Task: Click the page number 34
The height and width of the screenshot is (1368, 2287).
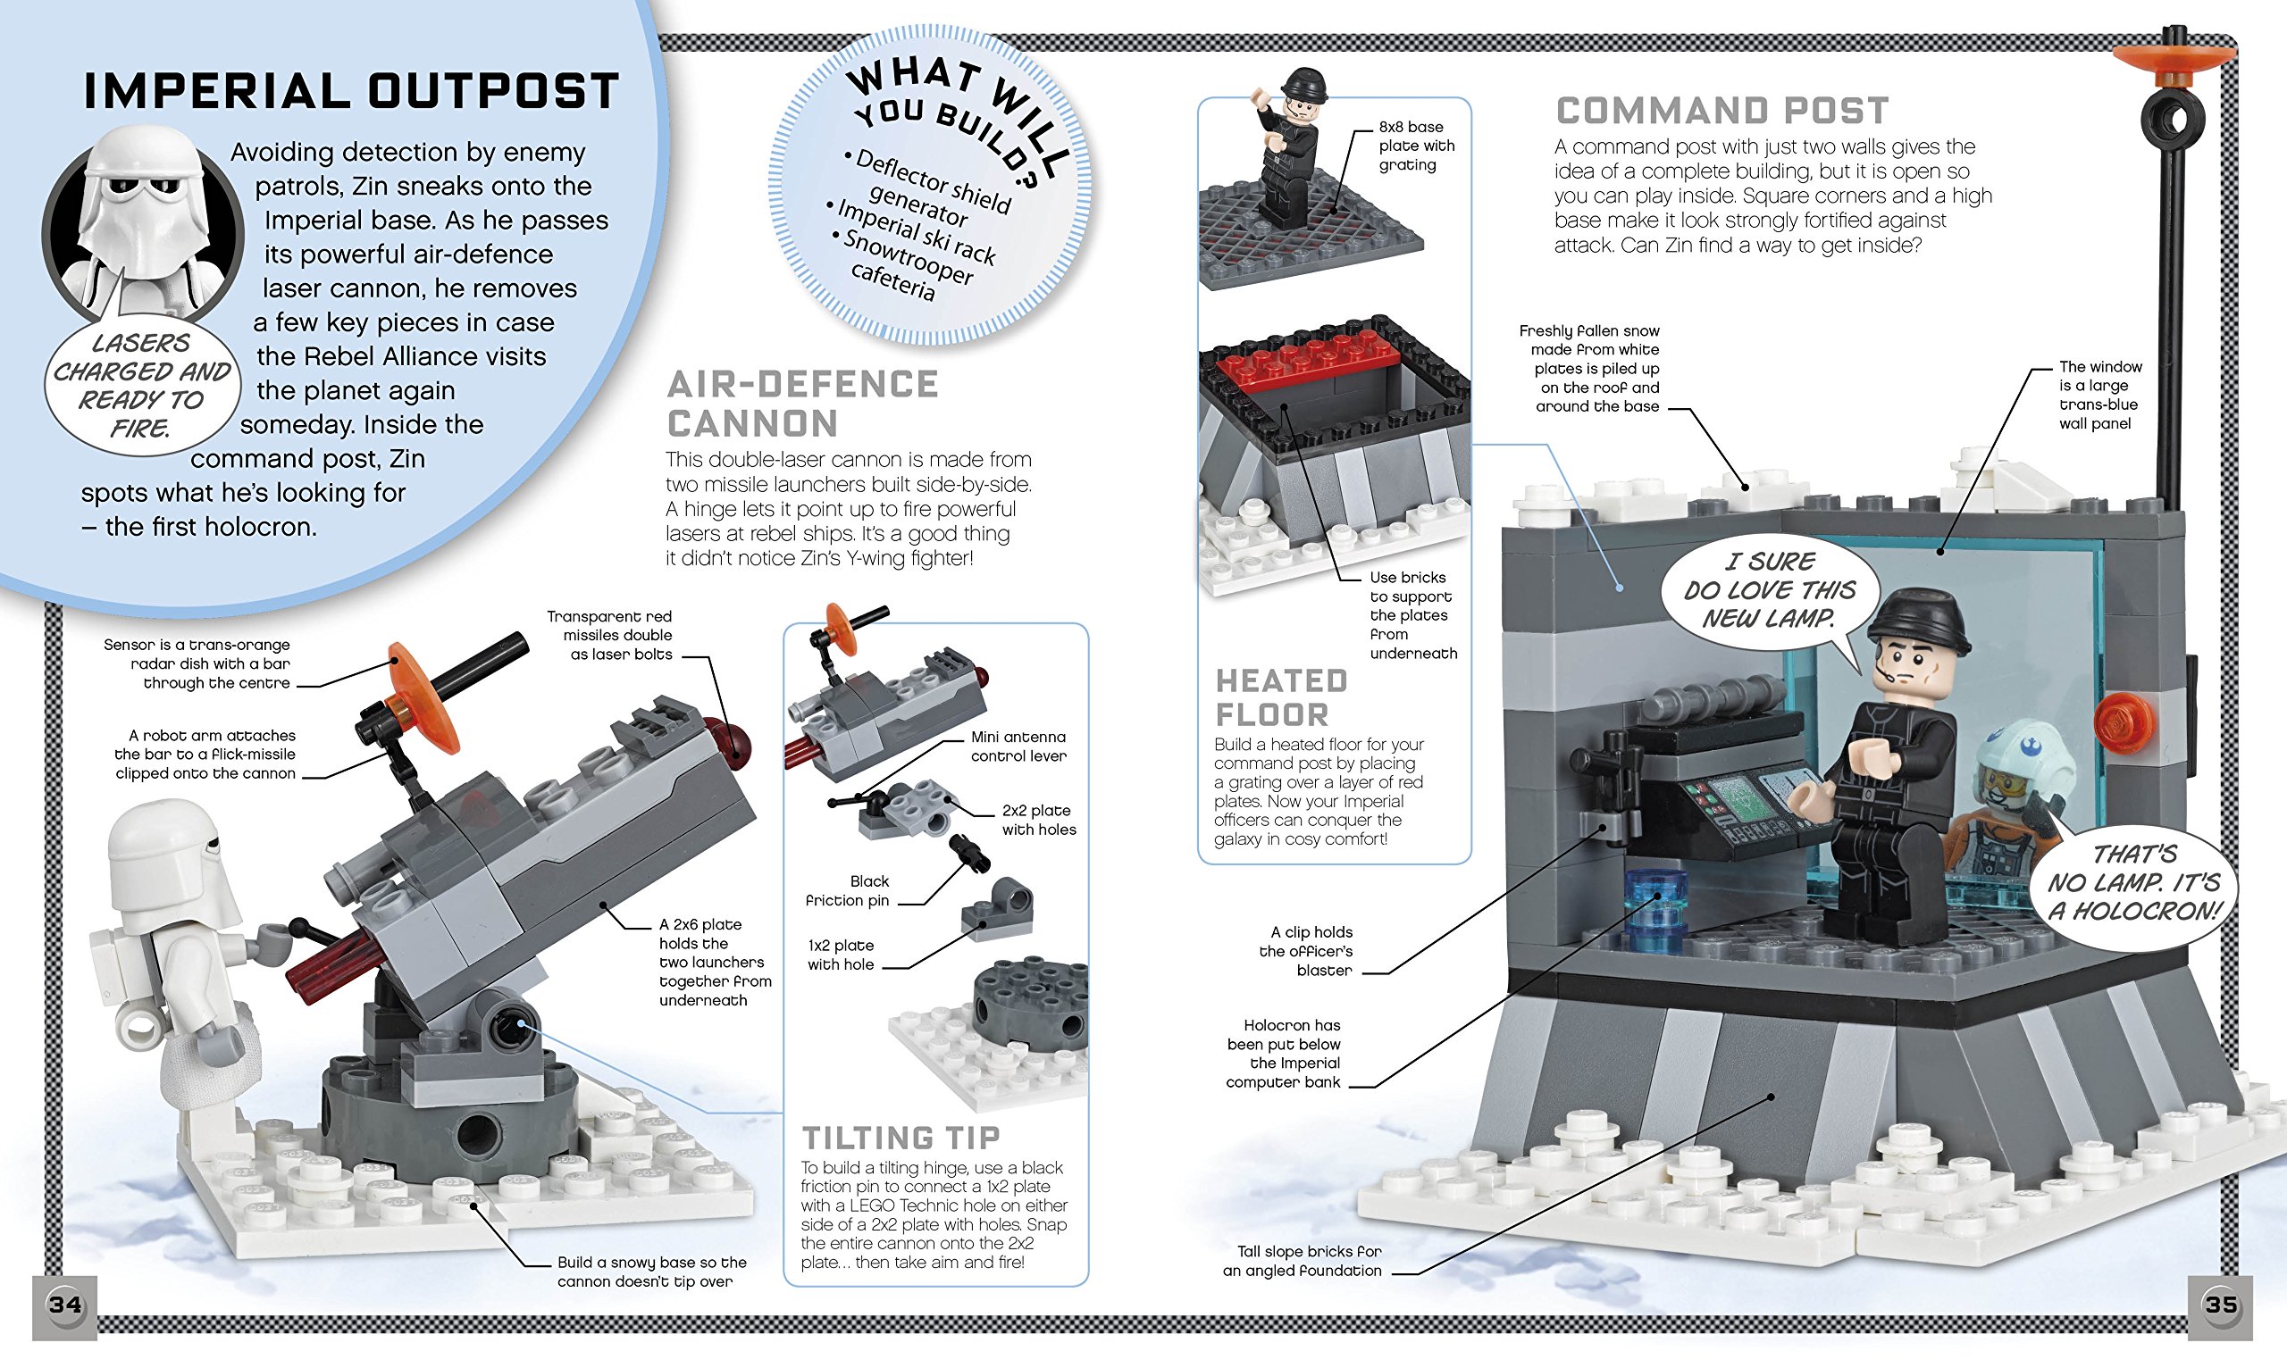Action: (x=64, y=1305)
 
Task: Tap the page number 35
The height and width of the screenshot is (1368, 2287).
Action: (x=2221, y=1305)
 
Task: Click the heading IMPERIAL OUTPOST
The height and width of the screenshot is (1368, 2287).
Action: (x=351, y=91)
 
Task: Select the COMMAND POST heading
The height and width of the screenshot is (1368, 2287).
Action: (x=1722, y=112)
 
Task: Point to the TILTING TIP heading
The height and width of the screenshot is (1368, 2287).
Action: (x=900, y=1138)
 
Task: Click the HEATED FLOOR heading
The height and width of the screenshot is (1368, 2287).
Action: (x=1281, y=697)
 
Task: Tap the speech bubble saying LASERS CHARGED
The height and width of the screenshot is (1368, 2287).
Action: (x=141, y=386)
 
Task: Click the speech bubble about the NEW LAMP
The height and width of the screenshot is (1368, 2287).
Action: (x=1768, y=590)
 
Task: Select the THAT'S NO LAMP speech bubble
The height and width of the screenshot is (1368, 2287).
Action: (x=2133, y=883)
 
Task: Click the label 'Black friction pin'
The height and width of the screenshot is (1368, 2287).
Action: (x=848, y=890)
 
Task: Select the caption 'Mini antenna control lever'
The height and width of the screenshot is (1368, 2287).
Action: (x=1018, y=746)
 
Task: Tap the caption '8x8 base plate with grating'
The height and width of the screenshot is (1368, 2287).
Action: (x=1416, y=146)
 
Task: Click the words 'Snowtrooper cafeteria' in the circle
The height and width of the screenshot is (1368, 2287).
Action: (x=903, y=268)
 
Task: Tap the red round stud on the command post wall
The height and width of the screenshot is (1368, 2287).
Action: (x=2121, y=720)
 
